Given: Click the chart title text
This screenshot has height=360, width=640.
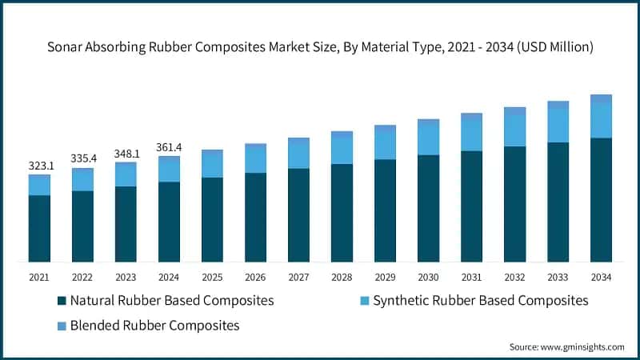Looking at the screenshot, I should tap(320, 47).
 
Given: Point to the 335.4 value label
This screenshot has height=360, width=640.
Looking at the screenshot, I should tap(83, 158).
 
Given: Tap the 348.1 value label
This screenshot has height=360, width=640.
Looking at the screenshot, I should tap(126, 152).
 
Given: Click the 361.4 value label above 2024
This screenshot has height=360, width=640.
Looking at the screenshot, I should tap(170, 147).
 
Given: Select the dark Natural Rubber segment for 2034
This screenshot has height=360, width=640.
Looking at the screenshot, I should tap(601, 200).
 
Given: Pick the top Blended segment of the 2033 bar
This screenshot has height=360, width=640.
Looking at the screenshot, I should tap(558, 105).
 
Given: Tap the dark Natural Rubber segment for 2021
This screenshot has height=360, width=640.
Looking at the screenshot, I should tap(39, 229).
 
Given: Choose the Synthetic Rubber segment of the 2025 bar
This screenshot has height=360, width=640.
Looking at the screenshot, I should tap(212, 165).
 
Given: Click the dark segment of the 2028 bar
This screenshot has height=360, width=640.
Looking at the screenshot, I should tap(342, 213).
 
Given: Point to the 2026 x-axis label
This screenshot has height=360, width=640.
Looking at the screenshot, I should tap(255, 277).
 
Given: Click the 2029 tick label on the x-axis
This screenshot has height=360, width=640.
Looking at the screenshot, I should tap(385, 277).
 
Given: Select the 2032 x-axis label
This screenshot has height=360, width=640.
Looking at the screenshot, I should tap(514, 277).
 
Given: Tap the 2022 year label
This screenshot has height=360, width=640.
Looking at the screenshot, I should tap(82, 277).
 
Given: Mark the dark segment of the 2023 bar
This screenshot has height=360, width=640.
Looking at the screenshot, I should tap(126, 224).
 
